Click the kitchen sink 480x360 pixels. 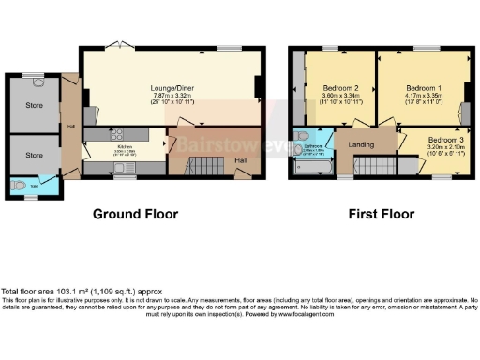point(122,168)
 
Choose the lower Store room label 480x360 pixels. point(35,155)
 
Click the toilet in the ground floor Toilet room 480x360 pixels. point(20,186)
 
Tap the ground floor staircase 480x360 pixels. point(199,168)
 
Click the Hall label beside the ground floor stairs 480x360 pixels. point(242,160)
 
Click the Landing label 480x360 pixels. point(361,144)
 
